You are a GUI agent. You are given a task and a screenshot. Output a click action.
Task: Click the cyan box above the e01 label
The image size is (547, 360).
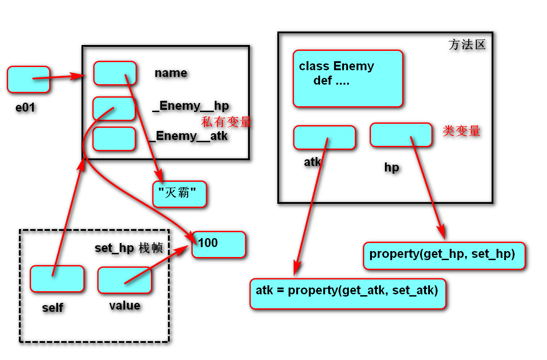28,79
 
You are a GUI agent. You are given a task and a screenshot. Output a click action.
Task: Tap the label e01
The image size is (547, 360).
25,108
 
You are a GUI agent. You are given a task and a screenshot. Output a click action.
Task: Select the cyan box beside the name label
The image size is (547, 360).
115,73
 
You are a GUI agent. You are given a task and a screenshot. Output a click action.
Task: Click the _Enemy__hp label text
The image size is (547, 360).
191,106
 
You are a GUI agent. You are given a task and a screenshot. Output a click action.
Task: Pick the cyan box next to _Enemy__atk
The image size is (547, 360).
114,139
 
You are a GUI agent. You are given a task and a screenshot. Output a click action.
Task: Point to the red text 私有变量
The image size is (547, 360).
226,122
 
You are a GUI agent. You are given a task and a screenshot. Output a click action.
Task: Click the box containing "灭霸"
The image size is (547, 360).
180,194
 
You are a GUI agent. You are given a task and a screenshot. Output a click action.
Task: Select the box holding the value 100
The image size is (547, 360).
219,244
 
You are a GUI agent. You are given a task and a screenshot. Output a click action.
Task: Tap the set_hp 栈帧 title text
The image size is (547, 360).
129,248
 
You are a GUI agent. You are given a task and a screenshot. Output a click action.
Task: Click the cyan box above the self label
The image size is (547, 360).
57,279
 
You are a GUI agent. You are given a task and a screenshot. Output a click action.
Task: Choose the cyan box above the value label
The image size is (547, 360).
125,280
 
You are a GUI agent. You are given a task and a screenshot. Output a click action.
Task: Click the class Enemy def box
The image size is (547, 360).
348,78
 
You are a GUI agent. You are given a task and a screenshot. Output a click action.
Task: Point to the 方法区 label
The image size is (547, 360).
467,45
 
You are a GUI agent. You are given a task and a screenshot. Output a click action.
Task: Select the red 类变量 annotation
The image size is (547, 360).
461,131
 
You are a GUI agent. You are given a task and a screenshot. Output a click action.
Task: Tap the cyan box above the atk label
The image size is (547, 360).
324,137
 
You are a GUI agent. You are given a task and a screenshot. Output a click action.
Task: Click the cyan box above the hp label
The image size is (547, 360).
401,135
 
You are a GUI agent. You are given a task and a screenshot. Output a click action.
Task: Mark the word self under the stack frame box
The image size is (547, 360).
53,308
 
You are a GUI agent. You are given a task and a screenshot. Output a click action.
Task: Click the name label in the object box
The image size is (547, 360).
171,73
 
